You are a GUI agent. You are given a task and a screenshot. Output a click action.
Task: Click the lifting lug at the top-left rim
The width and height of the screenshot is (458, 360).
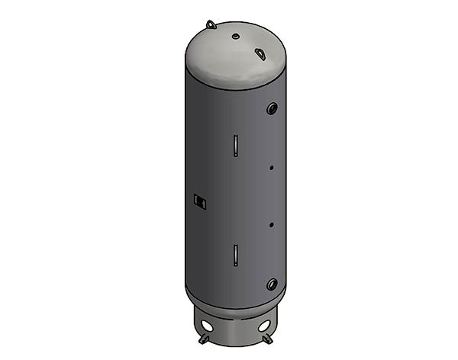point(211,25)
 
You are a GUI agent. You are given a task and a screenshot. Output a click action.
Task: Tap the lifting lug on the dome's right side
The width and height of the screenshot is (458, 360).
point(261,54)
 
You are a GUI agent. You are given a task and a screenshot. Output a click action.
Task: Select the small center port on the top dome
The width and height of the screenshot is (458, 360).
point(237,36)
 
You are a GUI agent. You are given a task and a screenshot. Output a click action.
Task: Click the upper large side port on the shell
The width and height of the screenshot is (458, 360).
point(272,108)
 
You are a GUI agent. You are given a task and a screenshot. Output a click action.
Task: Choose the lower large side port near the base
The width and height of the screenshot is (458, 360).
point(272,284)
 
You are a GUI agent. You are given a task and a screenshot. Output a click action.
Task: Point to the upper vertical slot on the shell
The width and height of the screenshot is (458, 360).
point(236,144)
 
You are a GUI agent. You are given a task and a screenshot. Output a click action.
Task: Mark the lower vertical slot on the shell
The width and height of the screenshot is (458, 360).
point(236,255)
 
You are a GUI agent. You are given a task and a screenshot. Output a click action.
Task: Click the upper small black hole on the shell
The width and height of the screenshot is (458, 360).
point(271,167)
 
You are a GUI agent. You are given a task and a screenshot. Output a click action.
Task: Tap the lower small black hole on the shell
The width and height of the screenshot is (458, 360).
point(271,224)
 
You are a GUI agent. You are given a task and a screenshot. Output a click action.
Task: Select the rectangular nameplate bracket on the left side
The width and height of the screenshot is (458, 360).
point(200,201)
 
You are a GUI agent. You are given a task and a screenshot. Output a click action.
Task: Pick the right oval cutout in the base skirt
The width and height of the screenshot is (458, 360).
point(264,326)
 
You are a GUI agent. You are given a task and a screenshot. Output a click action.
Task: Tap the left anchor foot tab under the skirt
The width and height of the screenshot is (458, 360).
point(202,338)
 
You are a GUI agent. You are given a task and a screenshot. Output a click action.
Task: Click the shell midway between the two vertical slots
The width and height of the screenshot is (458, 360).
point(236,200)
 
